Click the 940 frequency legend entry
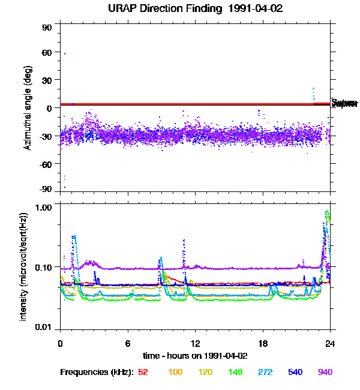coord(325,373)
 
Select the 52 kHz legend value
coord(143,373)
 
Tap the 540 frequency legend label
coord(295,373)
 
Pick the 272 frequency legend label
coord(265,373)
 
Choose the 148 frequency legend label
coord(235,373)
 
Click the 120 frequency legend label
coord(205,373)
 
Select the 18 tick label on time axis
coord(262,344)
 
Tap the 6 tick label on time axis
coord(128,344)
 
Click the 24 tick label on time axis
coord(329,344)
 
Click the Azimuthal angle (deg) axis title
coord(28,108)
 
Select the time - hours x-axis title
coord(194,356)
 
